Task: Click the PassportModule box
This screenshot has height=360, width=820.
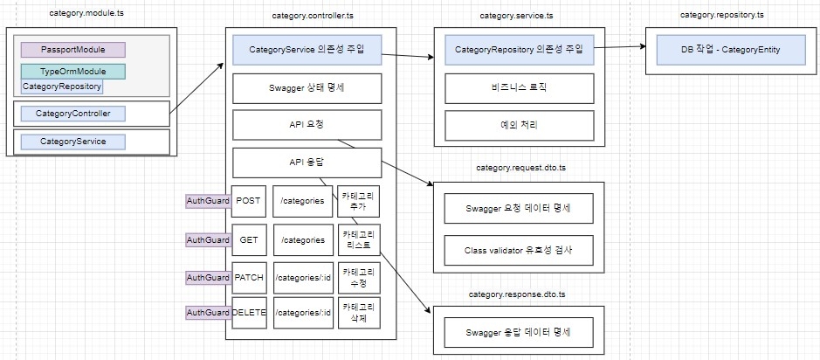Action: point(73,50)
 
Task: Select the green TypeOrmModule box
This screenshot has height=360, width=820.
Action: point(73,71)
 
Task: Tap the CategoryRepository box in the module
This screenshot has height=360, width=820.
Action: point(62,87)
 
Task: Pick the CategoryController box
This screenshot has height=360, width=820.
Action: point(73,114)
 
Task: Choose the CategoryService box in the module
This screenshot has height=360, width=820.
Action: point(73,142)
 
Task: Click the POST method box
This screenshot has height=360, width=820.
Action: point(248,201)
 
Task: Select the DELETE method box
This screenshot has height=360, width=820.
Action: point(248,313)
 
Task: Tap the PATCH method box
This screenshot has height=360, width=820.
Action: point(248,277)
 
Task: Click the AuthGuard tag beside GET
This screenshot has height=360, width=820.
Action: point(208,240)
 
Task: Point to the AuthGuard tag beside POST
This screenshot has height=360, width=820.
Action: point(208,201)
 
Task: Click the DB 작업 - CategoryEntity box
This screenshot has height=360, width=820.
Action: point(731,50)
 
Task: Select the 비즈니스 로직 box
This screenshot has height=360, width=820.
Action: point(520,88)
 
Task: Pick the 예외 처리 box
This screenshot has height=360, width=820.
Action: point(520,126)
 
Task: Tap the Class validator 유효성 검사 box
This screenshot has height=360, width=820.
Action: point(519,250)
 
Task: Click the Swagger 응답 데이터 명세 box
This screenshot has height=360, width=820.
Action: point(519,332)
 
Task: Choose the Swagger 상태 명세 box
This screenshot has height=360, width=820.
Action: point(307,88)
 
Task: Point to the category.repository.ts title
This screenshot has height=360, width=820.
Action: point(721,15)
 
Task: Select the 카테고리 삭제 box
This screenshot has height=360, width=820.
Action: point(359,313)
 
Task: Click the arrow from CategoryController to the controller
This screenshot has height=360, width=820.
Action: point(196,88)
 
